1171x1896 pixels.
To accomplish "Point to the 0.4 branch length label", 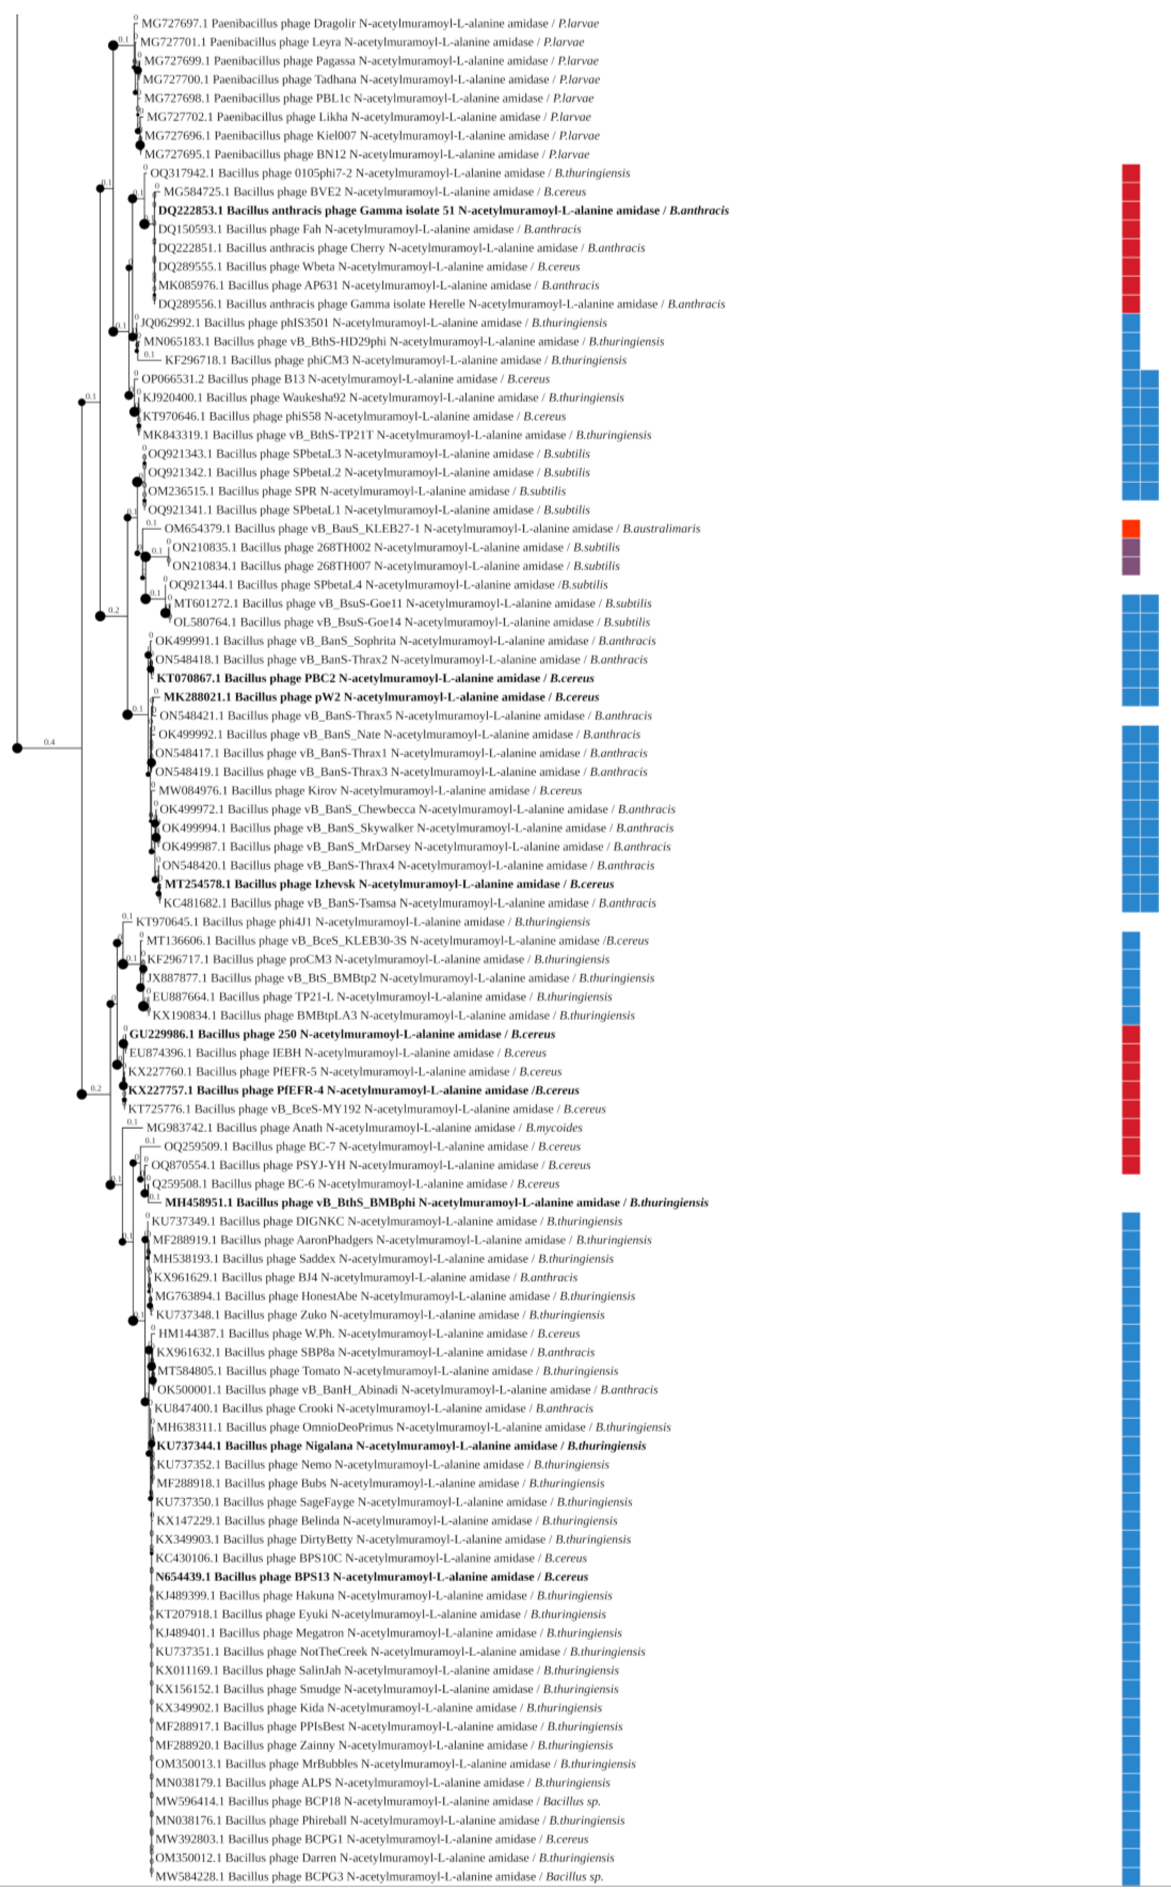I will [x=49, y=742].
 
